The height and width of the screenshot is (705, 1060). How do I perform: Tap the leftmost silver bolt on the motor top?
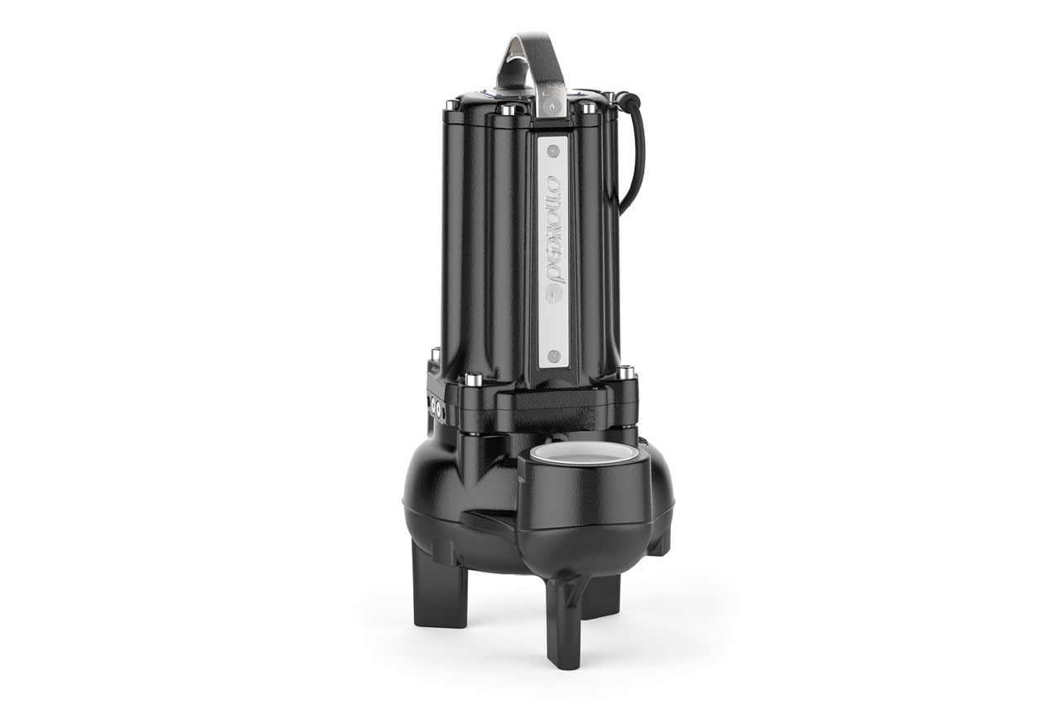tap(450, 105)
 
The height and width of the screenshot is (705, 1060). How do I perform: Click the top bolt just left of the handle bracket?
tap(510, 109)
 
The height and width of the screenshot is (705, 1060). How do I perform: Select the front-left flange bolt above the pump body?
tap(473, 380)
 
